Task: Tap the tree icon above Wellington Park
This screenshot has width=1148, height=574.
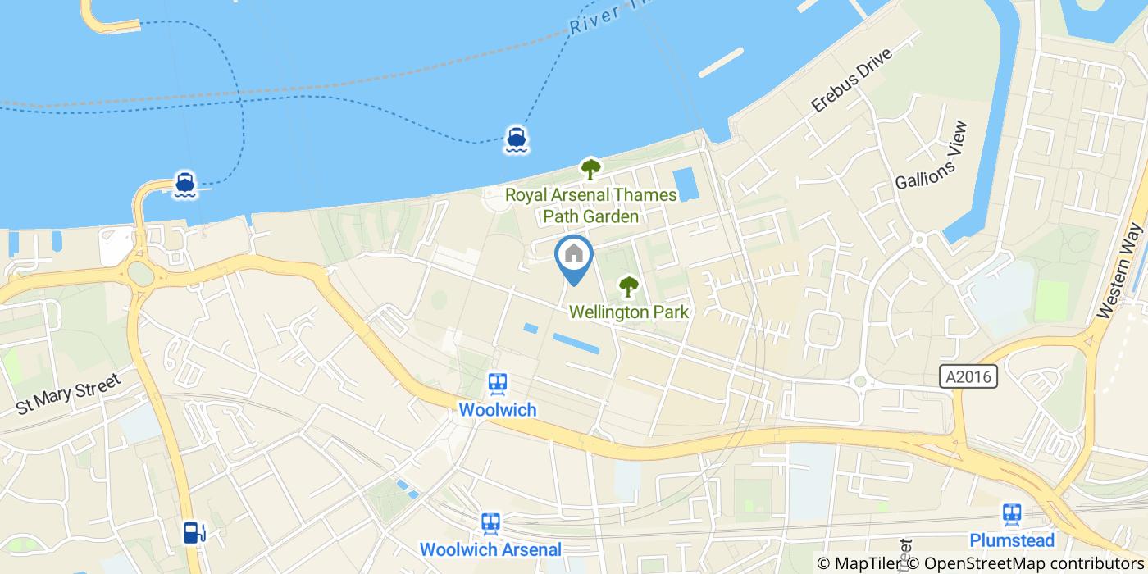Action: tap(628, 286)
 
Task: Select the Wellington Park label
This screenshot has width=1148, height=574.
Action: tap(628, 312)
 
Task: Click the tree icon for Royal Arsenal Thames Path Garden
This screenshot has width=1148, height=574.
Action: tap(590, 169)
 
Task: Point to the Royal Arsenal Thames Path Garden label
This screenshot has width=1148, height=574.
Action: tap(590, 206)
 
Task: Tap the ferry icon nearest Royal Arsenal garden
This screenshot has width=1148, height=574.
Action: tap(516, 140)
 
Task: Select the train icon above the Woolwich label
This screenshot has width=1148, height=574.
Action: tap(497, 384)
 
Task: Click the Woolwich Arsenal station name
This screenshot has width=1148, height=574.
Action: tap(490, 549)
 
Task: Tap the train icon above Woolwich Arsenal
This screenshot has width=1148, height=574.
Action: tap(490, 523)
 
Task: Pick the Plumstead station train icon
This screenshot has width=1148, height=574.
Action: tap(1012, 514)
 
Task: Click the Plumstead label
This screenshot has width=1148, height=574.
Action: tap(1012, 540)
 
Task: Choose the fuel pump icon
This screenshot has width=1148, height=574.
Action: tap(194, 533)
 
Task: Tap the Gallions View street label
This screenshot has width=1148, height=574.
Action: tap(932, 156)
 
